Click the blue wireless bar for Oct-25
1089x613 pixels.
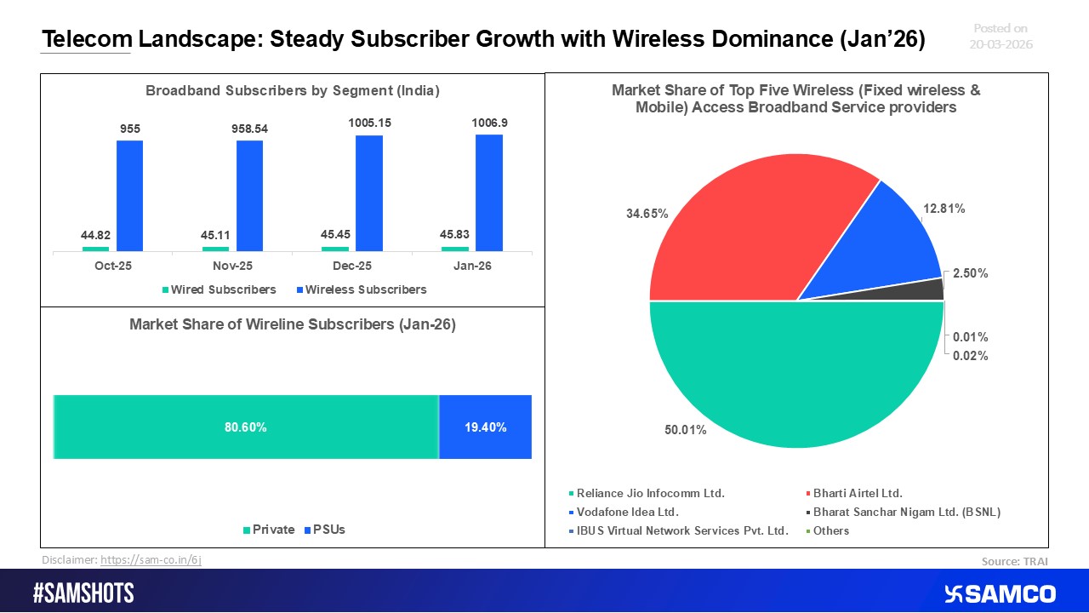coord(129,195)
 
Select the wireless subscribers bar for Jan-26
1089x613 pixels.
coord(488,193)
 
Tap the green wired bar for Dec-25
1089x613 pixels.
coord(334,249)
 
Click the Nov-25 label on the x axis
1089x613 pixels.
coord(232,266)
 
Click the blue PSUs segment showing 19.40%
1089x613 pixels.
coord(485,427)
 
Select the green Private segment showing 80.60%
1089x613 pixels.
coord(246,427)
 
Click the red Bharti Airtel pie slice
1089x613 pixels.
coord(749,230)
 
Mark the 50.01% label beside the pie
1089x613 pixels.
coord(685,430)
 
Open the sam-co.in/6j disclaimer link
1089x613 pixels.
coord(151,559)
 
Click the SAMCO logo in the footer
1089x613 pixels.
coord(999,593)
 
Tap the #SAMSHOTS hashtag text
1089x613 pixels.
coord(83,593)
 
